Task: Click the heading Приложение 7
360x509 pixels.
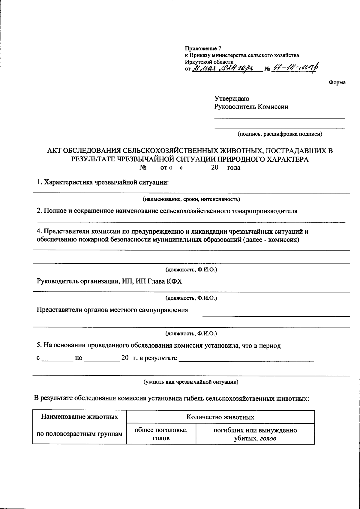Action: tap(203, 48)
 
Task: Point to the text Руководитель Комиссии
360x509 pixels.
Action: tap(251, 106)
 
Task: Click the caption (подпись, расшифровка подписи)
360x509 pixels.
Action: tap(280, 134)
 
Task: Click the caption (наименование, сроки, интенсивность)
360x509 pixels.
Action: tap(191, 199)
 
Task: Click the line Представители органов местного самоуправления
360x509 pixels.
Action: tap(112, 310)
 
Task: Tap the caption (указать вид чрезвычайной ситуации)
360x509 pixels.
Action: tap(191, 382)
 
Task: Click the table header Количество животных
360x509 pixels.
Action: tap(220, 417)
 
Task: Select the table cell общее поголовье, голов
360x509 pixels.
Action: tap(161, 434)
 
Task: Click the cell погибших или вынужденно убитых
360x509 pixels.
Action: tap(255, 434)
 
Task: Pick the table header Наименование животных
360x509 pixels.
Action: tap(79, 417)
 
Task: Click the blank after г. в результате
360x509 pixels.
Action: tap(246, 359)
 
